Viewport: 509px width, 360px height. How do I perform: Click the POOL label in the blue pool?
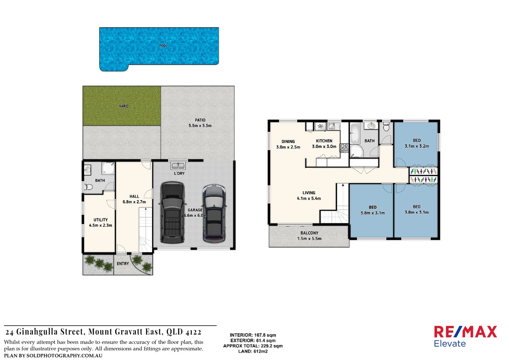(x=163, y=46)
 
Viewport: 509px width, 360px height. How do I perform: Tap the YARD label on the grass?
(x=124, y=106)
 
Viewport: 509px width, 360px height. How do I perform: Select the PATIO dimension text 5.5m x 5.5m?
(x=200, y=126)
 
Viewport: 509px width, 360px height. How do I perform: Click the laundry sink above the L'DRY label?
(x=178, y=166)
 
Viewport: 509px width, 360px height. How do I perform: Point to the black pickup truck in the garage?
(x=172, y=212)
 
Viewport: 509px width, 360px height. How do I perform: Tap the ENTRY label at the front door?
(x=123, y=264)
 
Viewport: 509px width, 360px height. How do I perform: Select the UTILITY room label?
(x=101, y=220)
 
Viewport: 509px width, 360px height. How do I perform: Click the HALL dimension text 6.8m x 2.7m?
(x=134, y=202)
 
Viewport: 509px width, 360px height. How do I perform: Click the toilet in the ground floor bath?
(x=88, y=187)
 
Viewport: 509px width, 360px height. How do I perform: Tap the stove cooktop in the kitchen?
(x=344, y=148)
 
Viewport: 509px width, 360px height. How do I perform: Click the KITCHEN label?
(x=324, y=141)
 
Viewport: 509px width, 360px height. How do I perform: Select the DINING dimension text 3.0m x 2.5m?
(x=288, y=147)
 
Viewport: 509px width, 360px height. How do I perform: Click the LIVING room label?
(x=309, y=193)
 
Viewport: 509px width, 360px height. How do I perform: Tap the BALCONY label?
(x=309, y=233)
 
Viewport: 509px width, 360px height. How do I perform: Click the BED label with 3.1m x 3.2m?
(x=417, y=141)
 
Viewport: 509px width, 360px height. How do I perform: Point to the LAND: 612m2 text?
(x=253, y=351)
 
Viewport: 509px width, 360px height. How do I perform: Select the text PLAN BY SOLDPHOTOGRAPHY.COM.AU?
(x=53, y=356)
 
